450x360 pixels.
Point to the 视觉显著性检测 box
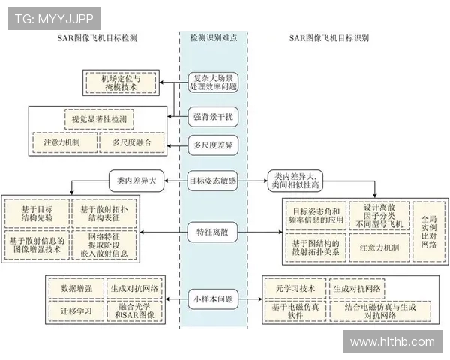(x=99, y=119)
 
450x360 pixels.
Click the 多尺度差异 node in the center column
(x=213, y=145)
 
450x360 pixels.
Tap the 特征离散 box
(x=213, y=232)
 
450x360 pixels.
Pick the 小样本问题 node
(x=213, y=298)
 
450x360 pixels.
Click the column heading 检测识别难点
(x=214, y=37)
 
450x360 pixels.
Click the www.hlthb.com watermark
(x=392, y=341)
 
